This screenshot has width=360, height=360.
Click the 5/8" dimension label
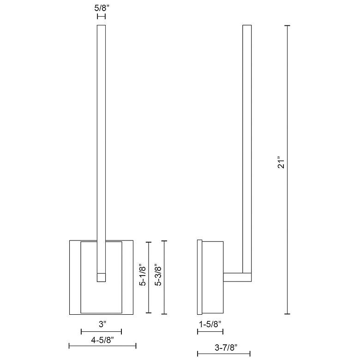pos(102,8)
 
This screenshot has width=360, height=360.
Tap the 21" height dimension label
pos(282,164)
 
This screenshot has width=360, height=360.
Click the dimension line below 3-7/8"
pos(224,354)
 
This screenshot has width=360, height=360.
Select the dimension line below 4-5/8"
pos(102,346)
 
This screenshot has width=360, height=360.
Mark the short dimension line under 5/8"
pos(102,16)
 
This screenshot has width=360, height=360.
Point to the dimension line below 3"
pos(101,331)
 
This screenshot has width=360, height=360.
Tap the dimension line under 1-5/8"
pos(210,331)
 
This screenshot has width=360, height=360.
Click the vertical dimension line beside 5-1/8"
pos(149,277)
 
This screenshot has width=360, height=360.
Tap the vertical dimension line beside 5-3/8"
pos(164,277)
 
